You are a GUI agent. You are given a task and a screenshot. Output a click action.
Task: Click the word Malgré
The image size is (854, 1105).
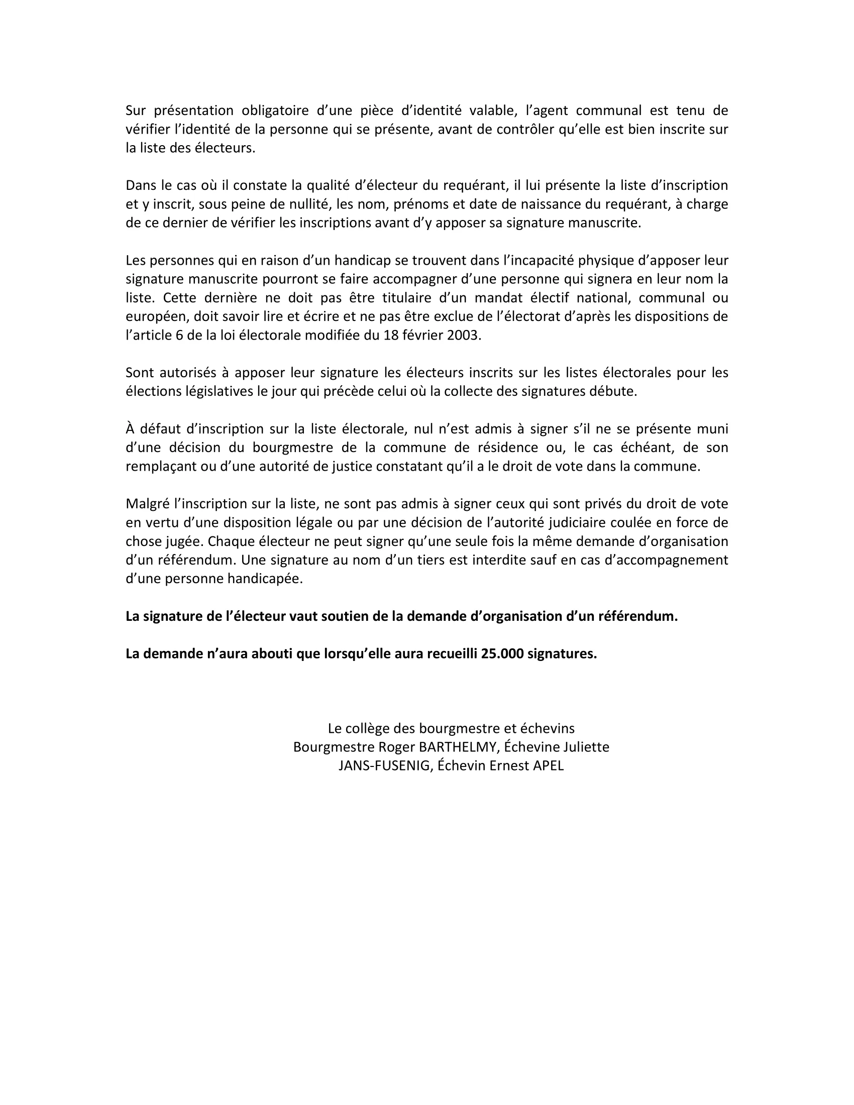(147, 503)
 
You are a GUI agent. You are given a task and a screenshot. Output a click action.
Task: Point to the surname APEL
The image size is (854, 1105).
(549, 765)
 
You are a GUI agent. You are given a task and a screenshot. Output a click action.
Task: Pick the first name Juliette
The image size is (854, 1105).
(583, 747)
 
